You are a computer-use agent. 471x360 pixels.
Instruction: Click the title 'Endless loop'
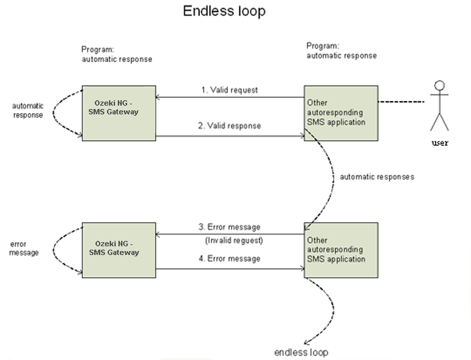224,11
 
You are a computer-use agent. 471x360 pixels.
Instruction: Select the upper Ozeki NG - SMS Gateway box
118,112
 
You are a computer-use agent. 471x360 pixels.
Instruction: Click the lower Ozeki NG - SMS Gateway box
118,249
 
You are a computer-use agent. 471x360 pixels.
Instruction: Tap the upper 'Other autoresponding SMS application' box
340,112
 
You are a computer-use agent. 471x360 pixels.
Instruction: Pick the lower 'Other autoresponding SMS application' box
340,249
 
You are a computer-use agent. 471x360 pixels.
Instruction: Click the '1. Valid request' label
230,90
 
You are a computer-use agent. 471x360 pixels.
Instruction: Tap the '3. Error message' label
229,227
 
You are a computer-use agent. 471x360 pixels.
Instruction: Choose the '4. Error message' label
229,258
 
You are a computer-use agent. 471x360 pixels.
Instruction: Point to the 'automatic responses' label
377,177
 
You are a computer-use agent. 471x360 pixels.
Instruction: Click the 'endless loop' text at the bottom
301,352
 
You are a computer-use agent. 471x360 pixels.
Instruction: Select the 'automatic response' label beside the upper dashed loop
28,110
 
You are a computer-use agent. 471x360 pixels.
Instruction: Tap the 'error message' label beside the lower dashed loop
25,248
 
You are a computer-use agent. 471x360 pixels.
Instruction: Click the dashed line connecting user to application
402,103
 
